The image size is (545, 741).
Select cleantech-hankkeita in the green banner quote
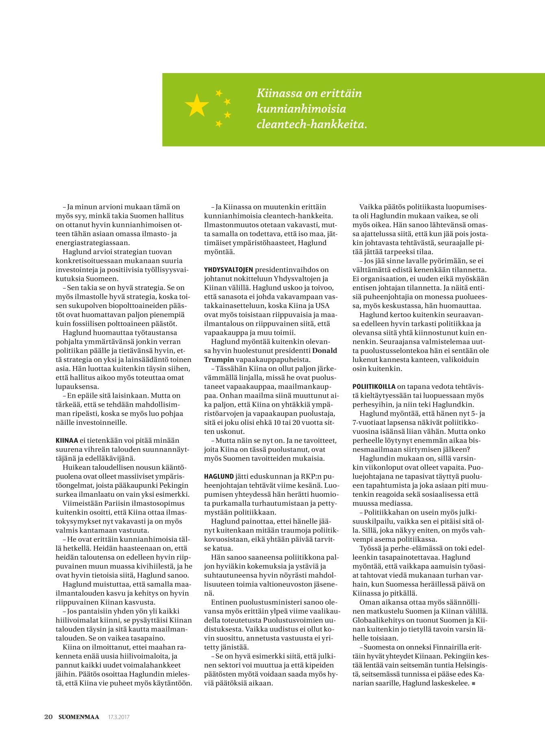coord(310,124)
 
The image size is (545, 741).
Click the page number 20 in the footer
coord(48,717)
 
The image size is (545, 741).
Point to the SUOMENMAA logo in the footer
coord(78,717)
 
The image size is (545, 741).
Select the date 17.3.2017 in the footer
coord(119,717)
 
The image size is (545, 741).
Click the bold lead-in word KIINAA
coord(67,441)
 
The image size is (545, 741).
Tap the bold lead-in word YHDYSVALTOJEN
coord(228,270)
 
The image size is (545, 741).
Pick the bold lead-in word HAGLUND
coord(219,476)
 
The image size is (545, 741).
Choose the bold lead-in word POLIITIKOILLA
coord(373,387)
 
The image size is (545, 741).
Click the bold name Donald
coord(325,351)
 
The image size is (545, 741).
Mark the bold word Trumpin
coord(219,360)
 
